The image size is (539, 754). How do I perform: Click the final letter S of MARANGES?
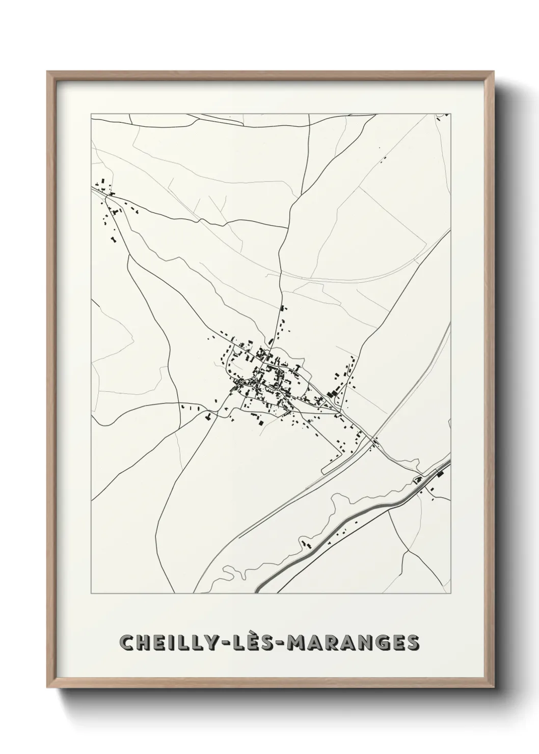(415, 643)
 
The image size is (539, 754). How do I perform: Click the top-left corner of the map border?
(91, 114)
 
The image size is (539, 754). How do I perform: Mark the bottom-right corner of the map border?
(451, 594)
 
